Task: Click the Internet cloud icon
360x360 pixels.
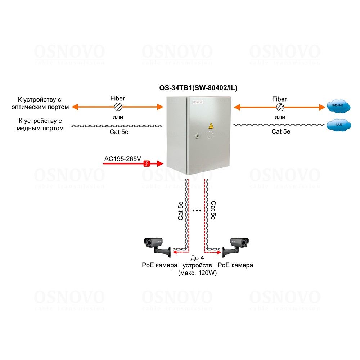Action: tap(338, 105)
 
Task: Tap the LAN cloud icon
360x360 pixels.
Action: tap(338, 125)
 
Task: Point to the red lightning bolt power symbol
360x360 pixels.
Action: tap(147, 164)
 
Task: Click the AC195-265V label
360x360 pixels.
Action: tap(122, 158)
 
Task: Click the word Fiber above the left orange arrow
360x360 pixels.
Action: tap(118, 99)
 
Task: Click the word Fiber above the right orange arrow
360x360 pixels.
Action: tap(280, 99)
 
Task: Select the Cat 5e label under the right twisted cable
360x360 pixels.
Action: tap(281, 131)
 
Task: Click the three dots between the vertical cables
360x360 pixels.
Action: tap(197, 210)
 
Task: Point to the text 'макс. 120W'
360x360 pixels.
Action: tap(197, 273)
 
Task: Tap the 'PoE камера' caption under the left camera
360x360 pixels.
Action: tap(159, 265)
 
